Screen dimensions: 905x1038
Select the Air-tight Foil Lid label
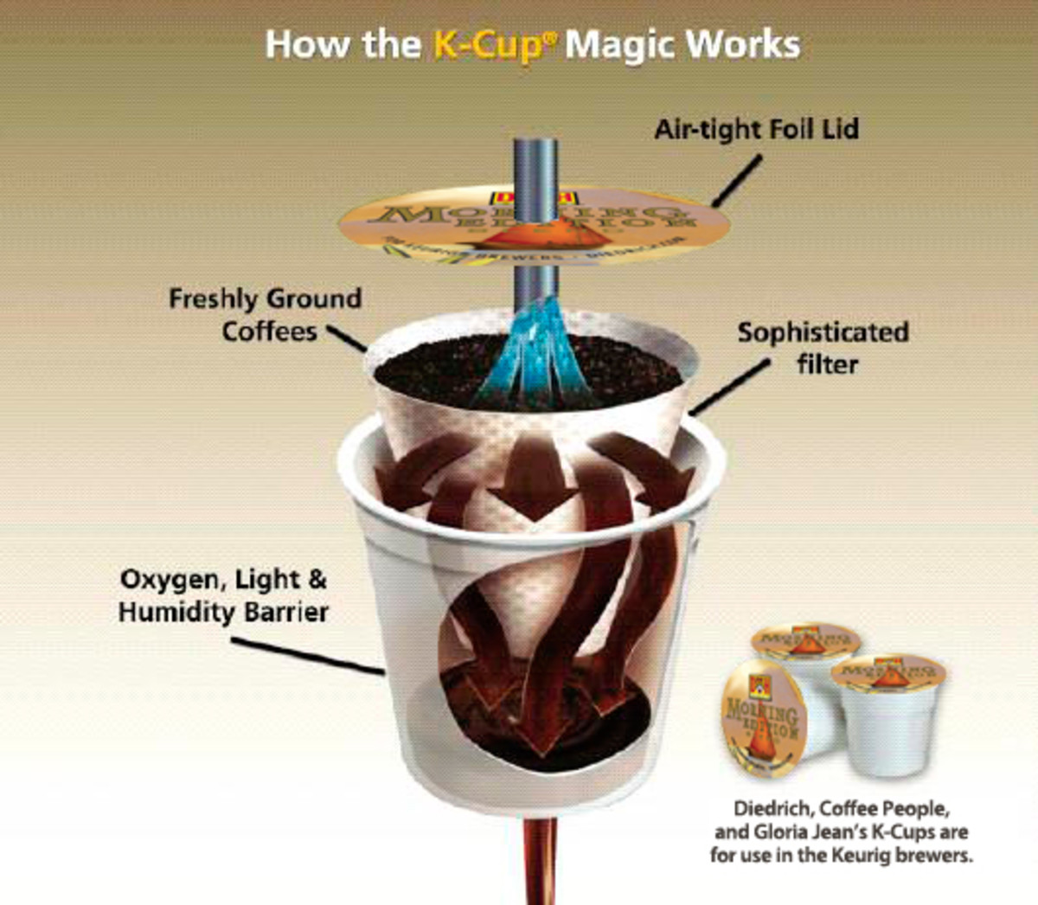pyautogui.click(x=756, y=130)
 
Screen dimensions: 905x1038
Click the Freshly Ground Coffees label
pyautogui.click(x=266, y=315)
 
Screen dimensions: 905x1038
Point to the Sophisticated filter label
pyautogui.click(x=823, y=348)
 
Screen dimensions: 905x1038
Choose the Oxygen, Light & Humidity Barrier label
pyautogui.click(x=223, y=596)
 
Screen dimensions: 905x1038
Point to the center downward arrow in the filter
pyautogui.click(x=530, y=480)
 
